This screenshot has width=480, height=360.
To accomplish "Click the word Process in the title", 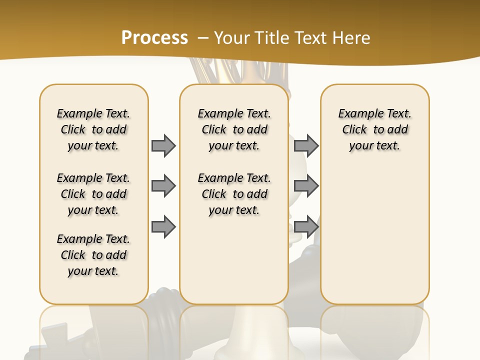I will pyautogui.click(x=154, y=37).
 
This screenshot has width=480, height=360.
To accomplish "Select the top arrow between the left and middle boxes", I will pyautogui.click(x=163, y=145).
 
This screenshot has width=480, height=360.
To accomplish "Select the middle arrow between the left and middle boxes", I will pyautogui.click(x=163, y=186).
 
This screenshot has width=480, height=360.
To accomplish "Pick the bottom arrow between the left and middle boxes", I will pyautogui.click(x=163, y=226).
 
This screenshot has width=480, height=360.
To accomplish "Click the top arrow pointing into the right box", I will pyautogui.click(x=306, y=145).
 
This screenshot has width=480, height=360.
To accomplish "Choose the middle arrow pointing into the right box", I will pyautogui.click(x=306, y=186).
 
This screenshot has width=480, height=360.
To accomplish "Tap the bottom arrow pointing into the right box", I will pyautogui.click(x=306, y=226).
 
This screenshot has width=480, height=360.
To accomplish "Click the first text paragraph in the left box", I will pyautogui.click(x=93, y=129).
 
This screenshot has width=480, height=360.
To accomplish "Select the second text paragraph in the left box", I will pyautogui.click(x=93, y=194).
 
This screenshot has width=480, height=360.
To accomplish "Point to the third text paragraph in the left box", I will pyautogui.click(x=93, y=255).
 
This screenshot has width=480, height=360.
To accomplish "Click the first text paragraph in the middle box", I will pyautogui.click(x=234, y=129).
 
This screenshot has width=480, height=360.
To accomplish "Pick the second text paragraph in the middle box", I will pyautogui.click(x=234, y=194).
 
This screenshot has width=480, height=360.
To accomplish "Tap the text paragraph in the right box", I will pyautogui.click(x=375, y=129).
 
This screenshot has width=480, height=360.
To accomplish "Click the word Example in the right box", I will pyautogui.click(x=357, y=114).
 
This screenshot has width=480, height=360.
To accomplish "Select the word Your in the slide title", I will pyautogui.click(x=233, y=37).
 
